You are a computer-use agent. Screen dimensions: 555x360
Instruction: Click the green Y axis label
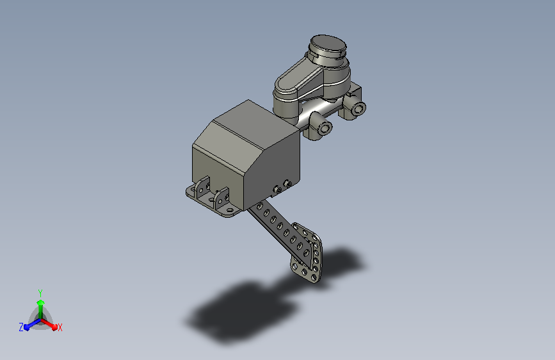[x=40, y=293]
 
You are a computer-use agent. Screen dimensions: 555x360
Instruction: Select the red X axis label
[x=60, y=327]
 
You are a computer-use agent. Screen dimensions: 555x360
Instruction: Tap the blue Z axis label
[x=21, y=327]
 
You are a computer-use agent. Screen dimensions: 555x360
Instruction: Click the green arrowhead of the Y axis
[x=41, y=302]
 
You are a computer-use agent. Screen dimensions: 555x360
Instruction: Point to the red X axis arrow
[x=49, y=324]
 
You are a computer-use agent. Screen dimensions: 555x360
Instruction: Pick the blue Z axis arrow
[x=33, y=324]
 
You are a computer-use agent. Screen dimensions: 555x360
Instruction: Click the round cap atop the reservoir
[x=328, y=45]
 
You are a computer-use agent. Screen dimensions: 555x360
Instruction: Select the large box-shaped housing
[x=246, y=156]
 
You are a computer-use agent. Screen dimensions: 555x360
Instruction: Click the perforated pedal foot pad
[x=307, y=252]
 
